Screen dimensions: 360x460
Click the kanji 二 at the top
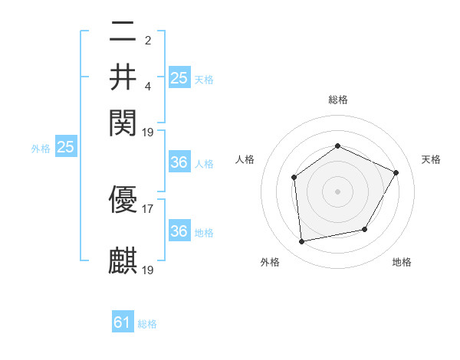coord(123,31)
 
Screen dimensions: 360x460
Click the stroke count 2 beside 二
coord(148,40)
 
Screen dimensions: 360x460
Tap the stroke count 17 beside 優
coord(148,208)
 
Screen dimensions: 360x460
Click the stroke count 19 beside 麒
coord(149,269)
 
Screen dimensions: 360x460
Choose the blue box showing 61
coord(123,323)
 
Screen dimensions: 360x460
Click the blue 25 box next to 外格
coord(65,148)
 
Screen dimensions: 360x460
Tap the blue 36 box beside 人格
coord(179,163)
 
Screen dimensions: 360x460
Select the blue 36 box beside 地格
coord(179,231)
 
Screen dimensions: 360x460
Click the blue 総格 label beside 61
coord(147,324)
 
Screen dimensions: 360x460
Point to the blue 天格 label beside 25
coord(204,79)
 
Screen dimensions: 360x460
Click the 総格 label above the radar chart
coord(337,100)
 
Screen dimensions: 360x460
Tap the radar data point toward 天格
coord(396,172)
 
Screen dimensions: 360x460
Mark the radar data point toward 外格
coord(302,242)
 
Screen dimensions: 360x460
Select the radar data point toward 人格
coord(294,178)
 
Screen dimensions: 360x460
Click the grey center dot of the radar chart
coord(337,191)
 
